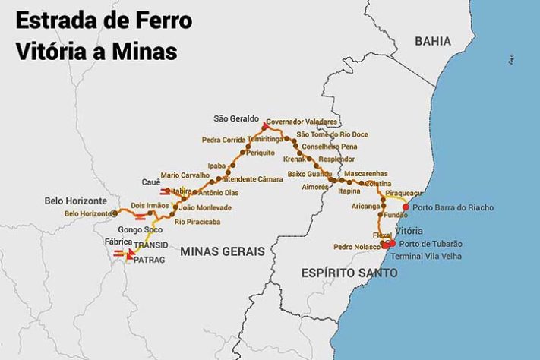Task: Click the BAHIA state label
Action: click(433, 41)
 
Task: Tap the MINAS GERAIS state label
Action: click(223, 251)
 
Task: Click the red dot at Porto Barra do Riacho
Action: click(406, 207)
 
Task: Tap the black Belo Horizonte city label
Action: click(75, 201)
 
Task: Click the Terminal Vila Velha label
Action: click(432, 256)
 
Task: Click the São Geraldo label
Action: click(236, 118)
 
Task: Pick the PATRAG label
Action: click(149, 260)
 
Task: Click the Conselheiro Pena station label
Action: click(329, 146)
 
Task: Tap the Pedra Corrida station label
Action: click(223, 140)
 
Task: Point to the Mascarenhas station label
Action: click(366, 173)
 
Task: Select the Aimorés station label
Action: click(315, 186)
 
